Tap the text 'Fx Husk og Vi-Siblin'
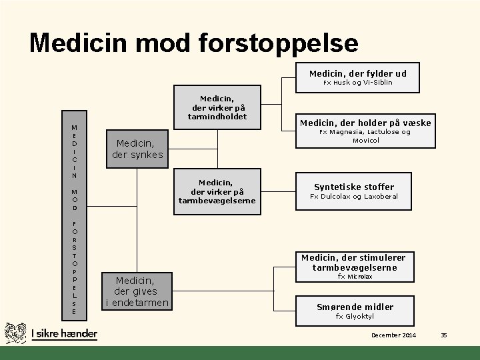coord(358,83)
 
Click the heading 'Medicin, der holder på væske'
coord(365,123)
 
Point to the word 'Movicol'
coord(365,141)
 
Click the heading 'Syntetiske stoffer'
coord(354,187)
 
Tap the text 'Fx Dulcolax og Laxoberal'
coord(354,197)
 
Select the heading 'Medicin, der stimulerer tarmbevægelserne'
coord(353,263)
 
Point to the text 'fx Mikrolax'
coord(355,276)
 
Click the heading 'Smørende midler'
coord(354,307)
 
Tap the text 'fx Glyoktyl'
coord(354,317)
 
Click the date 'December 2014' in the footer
coord(393,335)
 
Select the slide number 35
coord(443,335)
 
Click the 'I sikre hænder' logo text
coord(65,333)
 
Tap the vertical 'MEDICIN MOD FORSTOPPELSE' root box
coord(74,219)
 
